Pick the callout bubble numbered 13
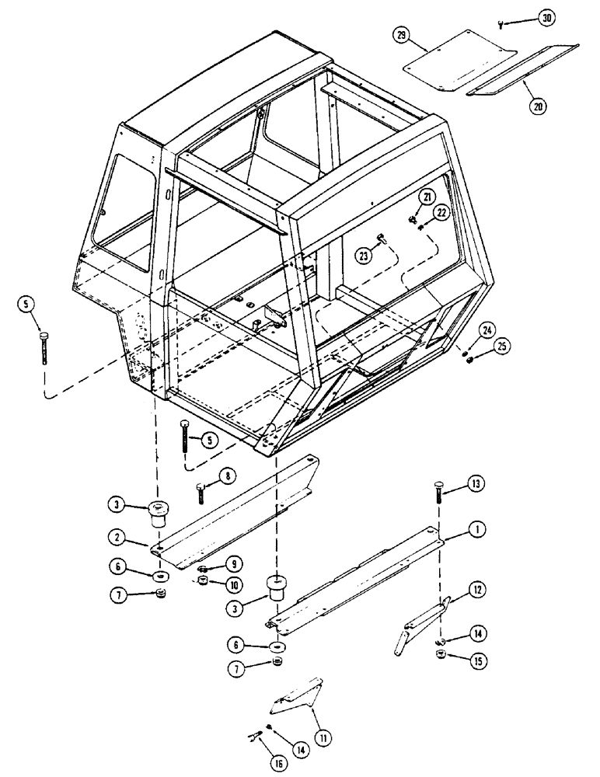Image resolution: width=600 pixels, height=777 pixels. tap(474, 485)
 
